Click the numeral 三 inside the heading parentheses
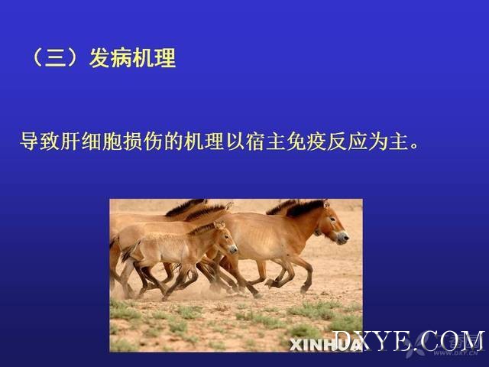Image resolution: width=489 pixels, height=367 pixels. [56, 58]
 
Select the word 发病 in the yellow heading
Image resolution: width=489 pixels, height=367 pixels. [110, 58]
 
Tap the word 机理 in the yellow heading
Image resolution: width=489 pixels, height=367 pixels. [154, 58]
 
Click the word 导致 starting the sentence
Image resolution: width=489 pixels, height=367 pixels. [40, 141]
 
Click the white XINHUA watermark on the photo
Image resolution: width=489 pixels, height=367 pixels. [324, 345]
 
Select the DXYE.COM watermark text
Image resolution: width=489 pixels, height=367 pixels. [409, 341]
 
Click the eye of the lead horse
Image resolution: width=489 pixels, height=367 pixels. [332, 219]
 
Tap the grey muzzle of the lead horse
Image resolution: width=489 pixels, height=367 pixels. [342, 238]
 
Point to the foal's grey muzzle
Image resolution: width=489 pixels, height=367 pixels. [232, 249]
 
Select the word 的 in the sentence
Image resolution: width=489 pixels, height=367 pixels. [173, 141]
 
